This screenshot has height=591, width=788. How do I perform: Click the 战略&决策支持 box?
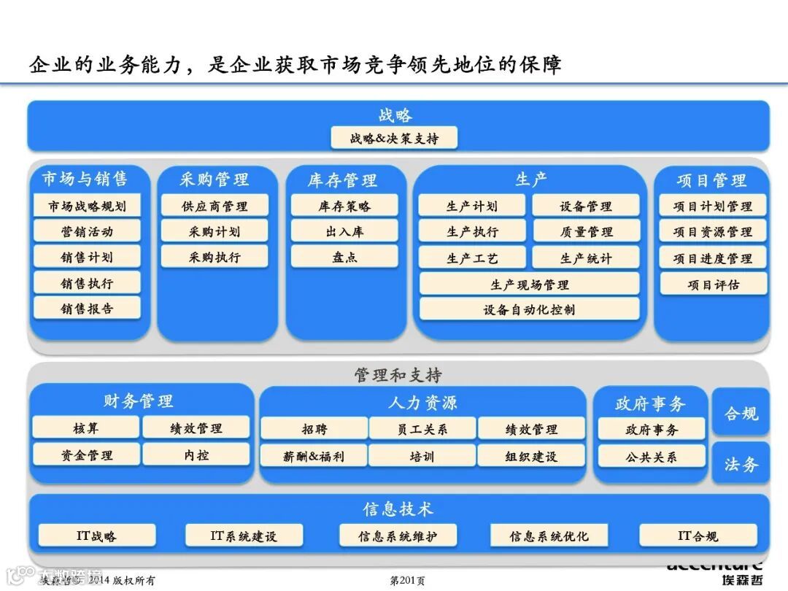[394, 138]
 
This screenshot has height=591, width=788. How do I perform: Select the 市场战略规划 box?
[87, 206]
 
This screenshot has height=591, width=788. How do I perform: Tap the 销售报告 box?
[87, 309]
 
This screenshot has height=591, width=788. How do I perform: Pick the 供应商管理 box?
[215, 206]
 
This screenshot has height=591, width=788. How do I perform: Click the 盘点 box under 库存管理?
[344, 257]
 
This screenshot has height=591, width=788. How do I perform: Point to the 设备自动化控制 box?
[529, 309]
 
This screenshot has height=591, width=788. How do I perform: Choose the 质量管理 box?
[586, 232]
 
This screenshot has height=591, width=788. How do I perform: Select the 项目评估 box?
[713, 285]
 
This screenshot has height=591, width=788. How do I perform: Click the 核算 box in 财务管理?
[85, 428]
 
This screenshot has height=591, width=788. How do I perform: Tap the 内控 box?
[196, 455]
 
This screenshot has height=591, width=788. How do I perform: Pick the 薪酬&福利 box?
[314, 456]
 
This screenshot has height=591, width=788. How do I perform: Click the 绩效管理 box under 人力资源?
[531, 430]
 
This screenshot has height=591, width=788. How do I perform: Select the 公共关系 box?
[651, 457]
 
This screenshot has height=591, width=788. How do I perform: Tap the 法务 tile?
[741, 464]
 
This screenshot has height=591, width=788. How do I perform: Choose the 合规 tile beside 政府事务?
[741, 414]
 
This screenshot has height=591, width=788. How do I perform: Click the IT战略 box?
[96, 536]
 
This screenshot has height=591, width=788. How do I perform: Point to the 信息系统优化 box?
[549, 536]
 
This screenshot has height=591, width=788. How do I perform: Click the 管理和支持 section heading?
[398, 375]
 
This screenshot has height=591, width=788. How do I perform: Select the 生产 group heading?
[530, 179]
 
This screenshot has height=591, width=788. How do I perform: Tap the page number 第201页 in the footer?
[407, 581]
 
